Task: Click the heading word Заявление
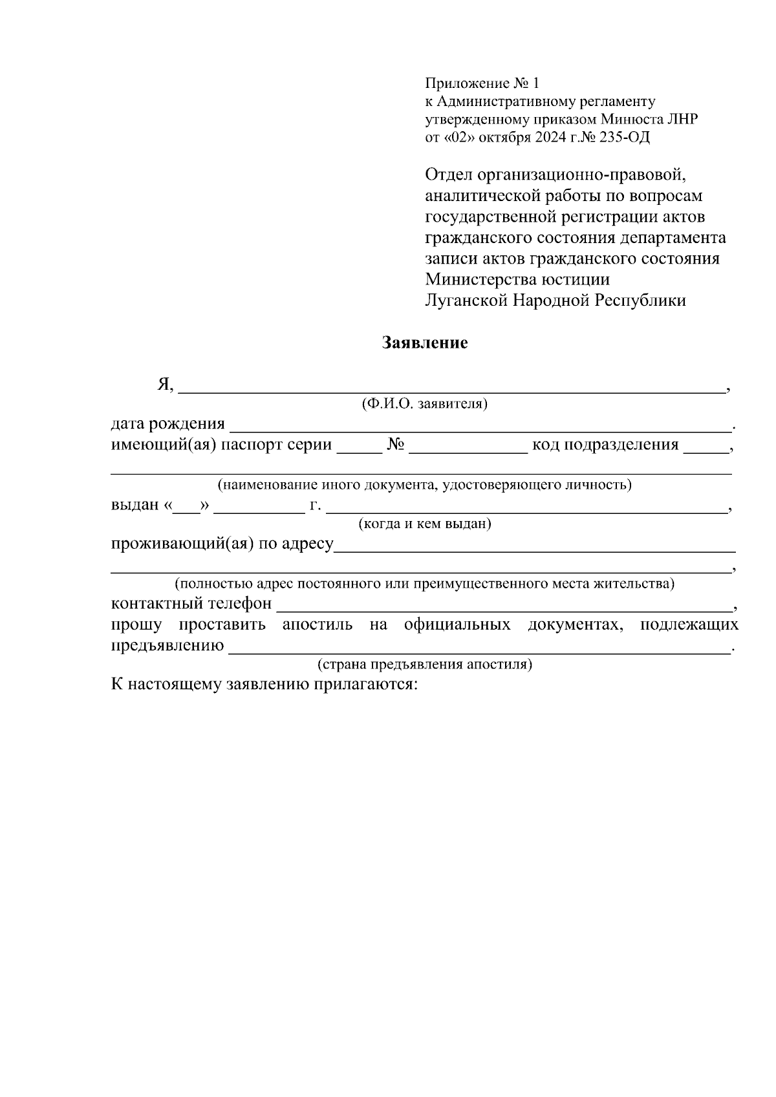425,342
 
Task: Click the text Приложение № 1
481,83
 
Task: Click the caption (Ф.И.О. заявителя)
424,405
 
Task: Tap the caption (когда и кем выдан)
425,524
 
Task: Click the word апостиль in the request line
318,625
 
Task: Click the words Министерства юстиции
517,279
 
